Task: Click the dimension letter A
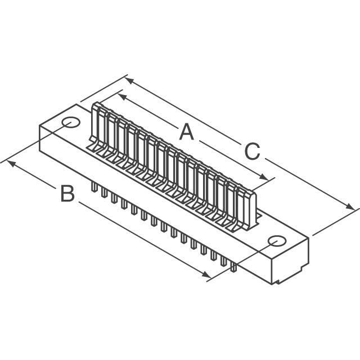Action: [186, 133]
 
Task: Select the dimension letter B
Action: [67, 194]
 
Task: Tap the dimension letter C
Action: [252, 152]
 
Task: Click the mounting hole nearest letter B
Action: [71, 123]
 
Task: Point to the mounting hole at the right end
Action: [276, 241]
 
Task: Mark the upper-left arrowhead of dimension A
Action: [121, 95]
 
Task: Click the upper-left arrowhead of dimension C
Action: [128, 80]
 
